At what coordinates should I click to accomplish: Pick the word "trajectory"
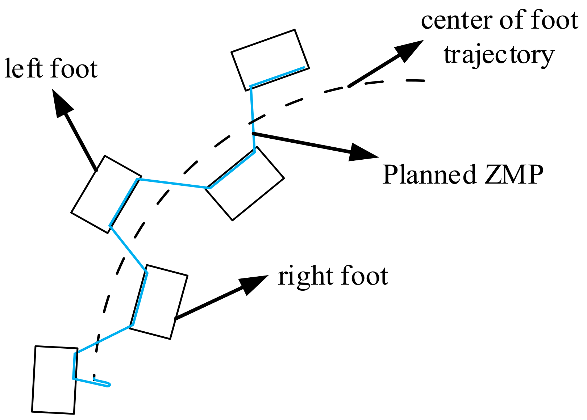pyautogui.click(x=499, y=55)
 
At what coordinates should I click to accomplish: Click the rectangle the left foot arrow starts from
pyautogui.click(x=106, y=194)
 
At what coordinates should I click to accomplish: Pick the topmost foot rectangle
pyautogui.click(x=270, y=60)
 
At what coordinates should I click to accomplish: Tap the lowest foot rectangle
pyautogui.click(x=54, y=379)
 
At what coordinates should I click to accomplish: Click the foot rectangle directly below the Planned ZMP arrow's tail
pyautogui.click(x=245, y=184)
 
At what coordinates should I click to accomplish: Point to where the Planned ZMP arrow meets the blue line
pyautogui.click(x=253, y=134)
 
